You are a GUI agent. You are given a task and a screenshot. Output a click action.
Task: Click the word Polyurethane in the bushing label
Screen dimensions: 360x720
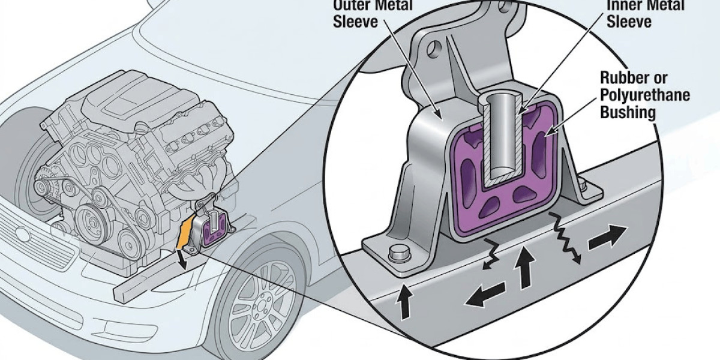coord(645,95)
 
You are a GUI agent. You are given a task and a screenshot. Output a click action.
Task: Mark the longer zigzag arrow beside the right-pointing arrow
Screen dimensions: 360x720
coord(568,240)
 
